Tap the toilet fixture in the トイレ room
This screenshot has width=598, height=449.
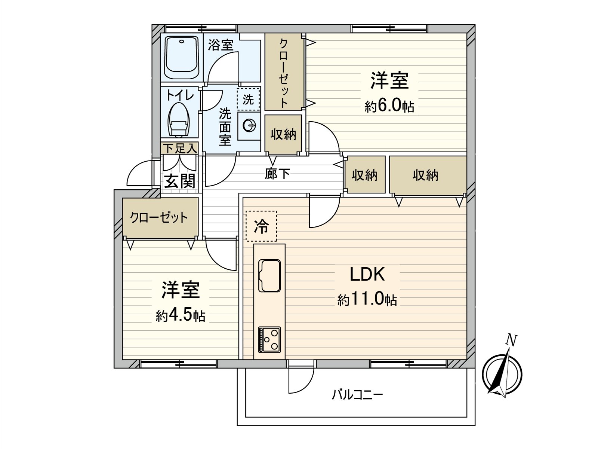[179, 119]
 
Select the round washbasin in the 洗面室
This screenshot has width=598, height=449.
[249, 126]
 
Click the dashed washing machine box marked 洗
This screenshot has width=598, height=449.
[248, 99]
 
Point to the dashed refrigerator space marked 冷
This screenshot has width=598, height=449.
[261, 226]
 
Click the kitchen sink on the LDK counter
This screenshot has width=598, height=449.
[269, 276]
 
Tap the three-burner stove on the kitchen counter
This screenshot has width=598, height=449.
[269, 339]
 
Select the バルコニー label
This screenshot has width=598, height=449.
[357, 395]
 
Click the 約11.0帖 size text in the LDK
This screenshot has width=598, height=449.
[367, 299]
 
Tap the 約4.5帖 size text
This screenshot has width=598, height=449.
[181, 315]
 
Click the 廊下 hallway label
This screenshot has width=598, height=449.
[277, 173]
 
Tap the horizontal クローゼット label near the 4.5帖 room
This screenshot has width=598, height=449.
[159, 217]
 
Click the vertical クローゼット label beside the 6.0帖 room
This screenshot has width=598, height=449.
[284, 73]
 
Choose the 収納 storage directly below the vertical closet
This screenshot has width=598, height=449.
[283, 134]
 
